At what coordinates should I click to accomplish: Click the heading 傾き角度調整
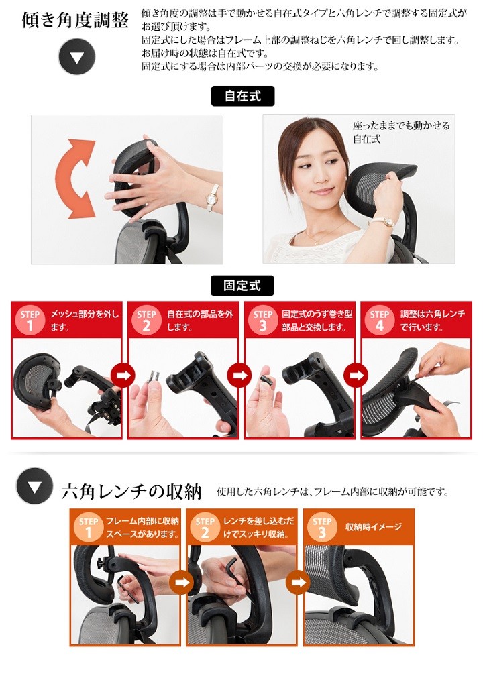click(75, 20)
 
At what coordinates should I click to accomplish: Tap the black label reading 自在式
click(243, 96)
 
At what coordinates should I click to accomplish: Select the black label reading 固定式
click(242, 286)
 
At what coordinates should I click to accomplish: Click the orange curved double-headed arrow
click(75, 178)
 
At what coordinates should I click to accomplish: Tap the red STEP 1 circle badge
click(30, 320)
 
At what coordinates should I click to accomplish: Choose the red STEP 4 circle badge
click(379, 320)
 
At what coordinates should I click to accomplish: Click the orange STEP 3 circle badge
click(322, 527)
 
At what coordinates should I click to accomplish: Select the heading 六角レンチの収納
click(131, 492)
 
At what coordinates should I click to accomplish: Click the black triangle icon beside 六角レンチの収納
click(35, 486)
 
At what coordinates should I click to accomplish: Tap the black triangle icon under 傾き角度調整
click(77, 57)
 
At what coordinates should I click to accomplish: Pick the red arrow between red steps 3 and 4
click(356, 375)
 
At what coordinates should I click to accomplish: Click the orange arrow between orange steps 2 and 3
click(299, 582)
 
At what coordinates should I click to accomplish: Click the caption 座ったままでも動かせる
click(401, 126)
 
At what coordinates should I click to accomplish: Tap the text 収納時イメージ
click(373, 527)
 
